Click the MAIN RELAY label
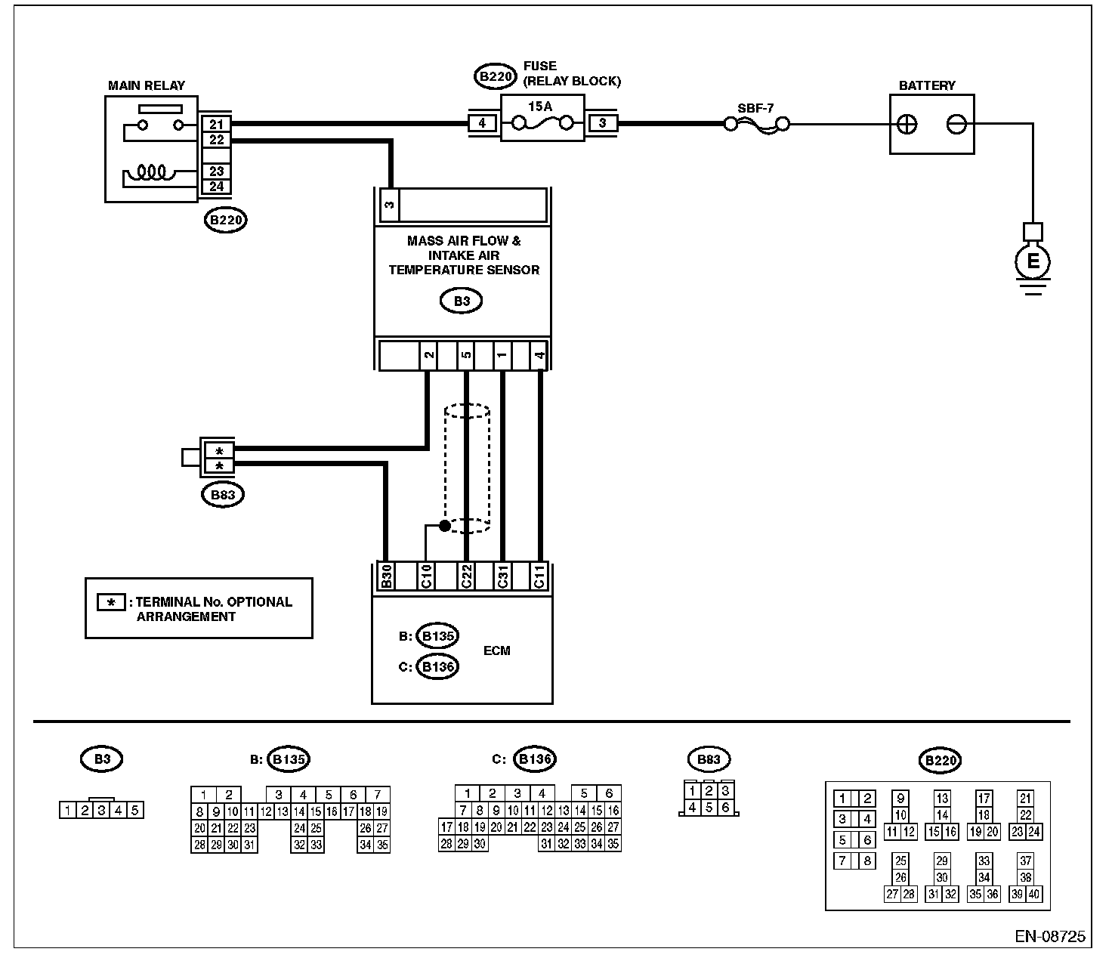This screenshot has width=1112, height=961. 147,85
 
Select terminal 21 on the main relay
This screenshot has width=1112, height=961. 216,125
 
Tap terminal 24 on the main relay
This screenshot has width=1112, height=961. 216,187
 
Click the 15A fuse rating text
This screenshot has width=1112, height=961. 540,106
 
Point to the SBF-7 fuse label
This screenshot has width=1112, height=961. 755,108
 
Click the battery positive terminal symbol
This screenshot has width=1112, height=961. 907,125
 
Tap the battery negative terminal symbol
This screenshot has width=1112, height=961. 956,125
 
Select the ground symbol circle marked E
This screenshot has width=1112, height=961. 1033,262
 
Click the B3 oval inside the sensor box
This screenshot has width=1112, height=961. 462,301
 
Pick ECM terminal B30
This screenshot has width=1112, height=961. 386,576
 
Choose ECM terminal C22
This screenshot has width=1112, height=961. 466,576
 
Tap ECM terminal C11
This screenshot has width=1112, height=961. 540,576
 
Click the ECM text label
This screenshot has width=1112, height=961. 496,650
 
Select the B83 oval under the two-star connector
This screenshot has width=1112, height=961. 223,495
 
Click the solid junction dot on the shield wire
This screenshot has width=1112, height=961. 445,526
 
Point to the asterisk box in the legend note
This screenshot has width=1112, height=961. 111,602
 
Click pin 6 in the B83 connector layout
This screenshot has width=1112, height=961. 725,807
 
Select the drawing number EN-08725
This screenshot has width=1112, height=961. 1049,937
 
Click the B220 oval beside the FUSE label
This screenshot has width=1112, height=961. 495,76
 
